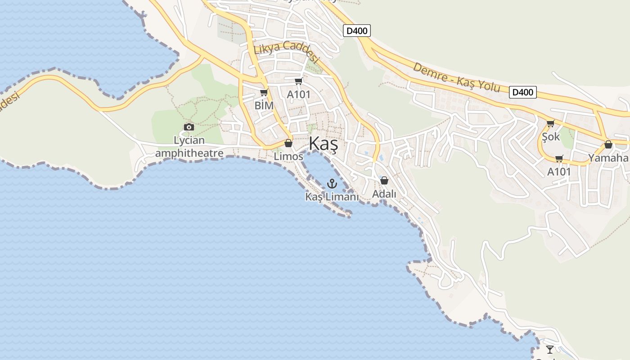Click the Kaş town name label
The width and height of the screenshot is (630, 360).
click(x=323, y=144)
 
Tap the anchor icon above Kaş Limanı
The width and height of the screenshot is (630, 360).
click(x=332, y=183)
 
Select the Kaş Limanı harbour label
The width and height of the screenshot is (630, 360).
click(x=332, y=197)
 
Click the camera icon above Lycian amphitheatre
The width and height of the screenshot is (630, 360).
click(x=189, y=127)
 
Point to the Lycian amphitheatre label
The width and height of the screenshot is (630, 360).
click(x=189, y=147)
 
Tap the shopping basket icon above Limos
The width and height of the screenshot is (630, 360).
click(x=288, y=143)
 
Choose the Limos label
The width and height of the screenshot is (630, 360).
click(x=288, y=156)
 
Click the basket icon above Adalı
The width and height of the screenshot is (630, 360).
click(x=384, y=180)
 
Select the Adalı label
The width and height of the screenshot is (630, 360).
click(x=384, y=194)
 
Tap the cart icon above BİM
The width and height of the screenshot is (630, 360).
click(x=264, y=93)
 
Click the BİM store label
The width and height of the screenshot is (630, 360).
click(x=264, y=106)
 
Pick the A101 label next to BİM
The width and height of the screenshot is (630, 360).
click(x=299, y=94)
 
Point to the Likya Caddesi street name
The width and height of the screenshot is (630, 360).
click(x=286, y=51)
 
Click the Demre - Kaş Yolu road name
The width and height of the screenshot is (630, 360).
click(x=456, y=77)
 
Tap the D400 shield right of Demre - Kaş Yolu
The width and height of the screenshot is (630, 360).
click(x=523, y=92)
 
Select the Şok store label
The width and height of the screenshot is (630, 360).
click(x=551, y=136)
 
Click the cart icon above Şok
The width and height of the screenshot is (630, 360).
click(x=550, y=123)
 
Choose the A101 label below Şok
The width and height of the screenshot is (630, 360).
click(x=559, y=171)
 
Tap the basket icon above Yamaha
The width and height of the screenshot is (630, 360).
click(x=608, y=144)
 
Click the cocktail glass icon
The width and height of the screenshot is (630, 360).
click(x=550, y=349)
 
